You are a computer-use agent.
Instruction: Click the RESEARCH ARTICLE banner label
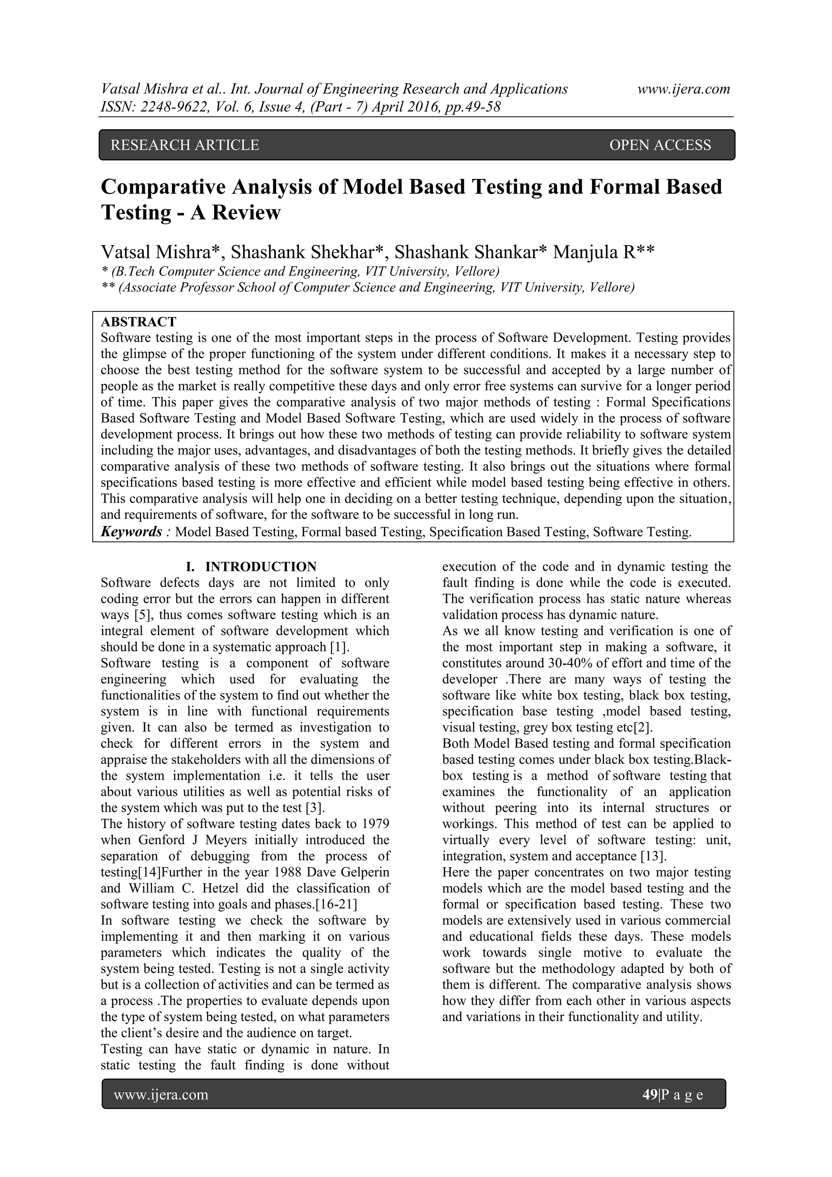click(x=185, y=145)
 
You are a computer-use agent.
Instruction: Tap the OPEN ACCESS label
click(x=660, y=145)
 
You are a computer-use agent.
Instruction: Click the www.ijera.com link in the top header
click(x=683, y=89)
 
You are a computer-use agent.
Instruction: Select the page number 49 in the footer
click(x=650, y=1094)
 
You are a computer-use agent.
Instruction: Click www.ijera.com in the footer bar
click(x=161, y=1094)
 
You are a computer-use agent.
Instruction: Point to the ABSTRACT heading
click(x=138, y=322)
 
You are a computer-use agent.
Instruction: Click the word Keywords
click(x=132, y=532)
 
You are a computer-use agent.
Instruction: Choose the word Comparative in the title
click(x=163, y=187)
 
